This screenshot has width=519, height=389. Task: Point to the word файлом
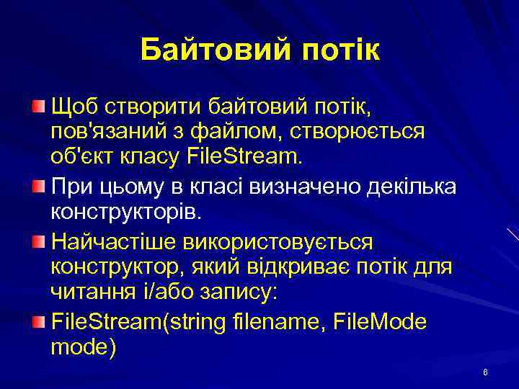[244, 132]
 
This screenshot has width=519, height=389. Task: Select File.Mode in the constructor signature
[380, 321]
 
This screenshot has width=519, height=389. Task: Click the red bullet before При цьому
[38, 186]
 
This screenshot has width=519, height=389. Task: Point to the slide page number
[485, 372]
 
